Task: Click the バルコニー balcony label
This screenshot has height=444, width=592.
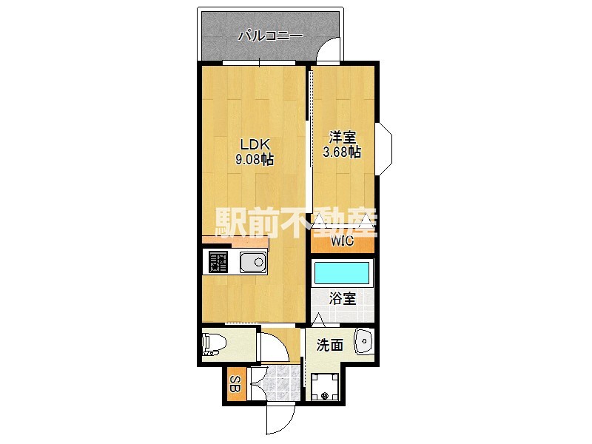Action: pos(270,36)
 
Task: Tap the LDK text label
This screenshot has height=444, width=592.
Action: pos(255,144)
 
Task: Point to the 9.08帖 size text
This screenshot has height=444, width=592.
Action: pos(255,159)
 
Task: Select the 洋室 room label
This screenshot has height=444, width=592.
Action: pos(343,137)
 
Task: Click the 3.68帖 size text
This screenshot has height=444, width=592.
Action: pos(342,152)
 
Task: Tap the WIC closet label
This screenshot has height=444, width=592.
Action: pos(343,240)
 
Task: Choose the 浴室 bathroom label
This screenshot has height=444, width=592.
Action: pos(343,298)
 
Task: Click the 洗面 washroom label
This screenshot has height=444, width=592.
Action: pos(329,345)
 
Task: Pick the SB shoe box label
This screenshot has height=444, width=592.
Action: pos(235,384)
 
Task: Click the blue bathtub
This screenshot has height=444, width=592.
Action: pos(342,273)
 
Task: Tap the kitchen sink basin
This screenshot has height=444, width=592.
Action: pos(253,262)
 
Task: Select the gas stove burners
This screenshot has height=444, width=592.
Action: pos(218,262)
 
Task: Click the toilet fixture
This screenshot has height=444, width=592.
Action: pos(214,344)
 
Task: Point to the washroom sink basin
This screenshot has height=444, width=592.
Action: pos(364,342)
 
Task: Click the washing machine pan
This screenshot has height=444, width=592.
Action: pos(325,386)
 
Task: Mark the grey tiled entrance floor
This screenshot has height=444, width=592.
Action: pos(277,383)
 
